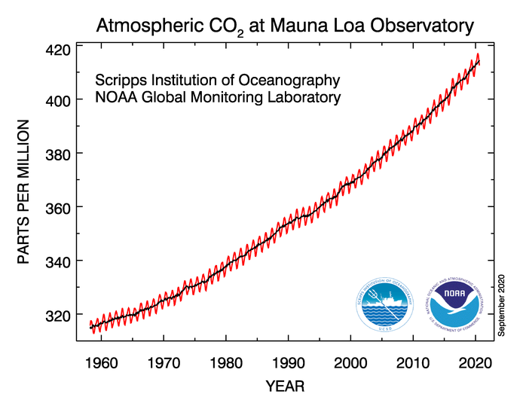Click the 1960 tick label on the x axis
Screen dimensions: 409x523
(102, 362)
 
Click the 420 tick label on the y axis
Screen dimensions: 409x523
(58, 50)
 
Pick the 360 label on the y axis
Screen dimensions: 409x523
(58, 207)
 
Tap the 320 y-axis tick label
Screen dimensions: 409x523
(58, 315)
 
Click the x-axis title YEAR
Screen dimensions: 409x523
(285, 386)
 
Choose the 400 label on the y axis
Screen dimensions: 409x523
(58, 100)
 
